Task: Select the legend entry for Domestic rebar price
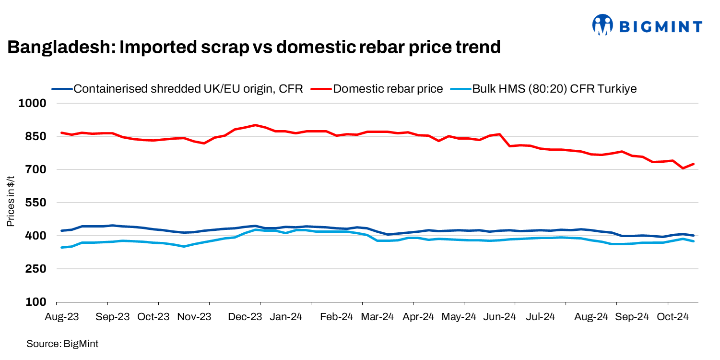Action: [388, 89]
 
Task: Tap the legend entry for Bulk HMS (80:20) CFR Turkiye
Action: [555, 89]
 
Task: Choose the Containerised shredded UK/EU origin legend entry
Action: [188, 89]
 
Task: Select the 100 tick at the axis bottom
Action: [38, 302]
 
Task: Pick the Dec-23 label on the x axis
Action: [244, 317]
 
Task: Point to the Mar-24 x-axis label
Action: [377, 317]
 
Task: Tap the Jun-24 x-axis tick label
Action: [499, 317]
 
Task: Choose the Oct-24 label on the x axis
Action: [673, 317]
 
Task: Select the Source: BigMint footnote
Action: [62, 344]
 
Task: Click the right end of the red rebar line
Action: [694, 164]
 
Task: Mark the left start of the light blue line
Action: [61, 248]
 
